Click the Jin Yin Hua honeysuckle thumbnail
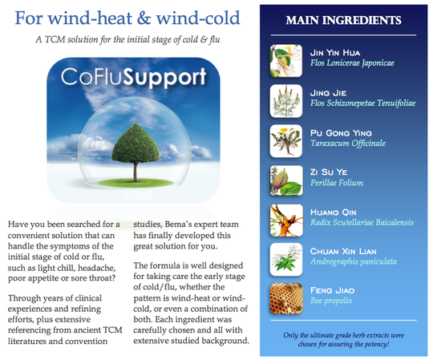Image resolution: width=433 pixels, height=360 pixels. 285,61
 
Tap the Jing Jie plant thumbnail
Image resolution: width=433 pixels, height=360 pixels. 285,101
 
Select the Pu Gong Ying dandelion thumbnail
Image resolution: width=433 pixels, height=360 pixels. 285,141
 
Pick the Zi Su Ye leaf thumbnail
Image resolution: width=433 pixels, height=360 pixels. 285,180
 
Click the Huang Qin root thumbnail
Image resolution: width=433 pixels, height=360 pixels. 286,220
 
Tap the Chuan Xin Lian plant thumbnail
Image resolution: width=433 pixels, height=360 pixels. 285,260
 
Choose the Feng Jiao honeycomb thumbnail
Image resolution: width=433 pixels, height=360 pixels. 285,299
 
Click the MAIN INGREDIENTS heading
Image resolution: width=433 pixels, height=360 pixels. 343,20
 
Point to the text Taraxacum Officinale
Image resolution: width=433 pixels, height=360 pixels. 348,144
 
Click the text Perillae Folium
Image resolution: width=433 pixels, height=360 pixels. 337,183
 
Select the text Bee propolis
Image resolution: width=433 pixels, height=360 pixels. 331,301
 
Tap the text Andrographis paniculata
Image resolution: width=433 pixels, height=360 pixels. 354,261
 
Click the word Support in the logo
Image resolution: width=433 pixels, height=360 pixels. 164,78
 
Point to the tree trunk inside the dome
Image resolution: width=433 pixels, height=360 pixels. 136,172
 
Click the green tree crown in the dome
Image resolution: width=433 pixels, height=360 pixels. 136,144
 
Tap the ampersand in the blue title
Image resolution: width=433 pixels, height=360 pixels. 144,18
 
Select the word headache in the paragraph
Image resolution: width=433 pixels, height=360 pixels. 101,268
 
